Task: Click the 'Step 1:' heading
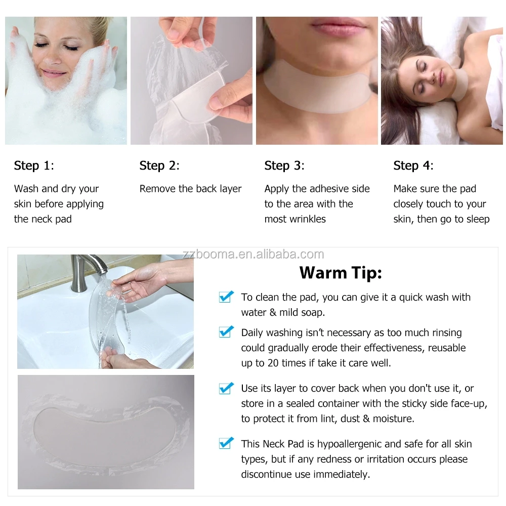34,165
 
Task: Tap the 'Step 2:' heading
159,165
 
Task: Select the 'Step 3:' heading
284,165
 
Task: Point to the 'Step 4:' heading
413,165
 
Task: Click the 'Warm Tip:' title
341,273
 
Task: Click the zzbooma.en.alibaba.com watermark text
253,254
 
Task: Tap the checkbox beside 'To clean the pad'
226,297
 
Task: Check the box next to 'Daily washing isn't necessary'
226,332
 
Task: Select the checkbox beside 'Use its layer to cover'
226,388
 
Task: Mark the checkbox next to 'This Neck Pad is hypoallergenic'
226,444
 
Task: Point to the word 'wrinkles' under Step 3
309,219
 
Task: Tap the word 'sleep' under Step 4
478,219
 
